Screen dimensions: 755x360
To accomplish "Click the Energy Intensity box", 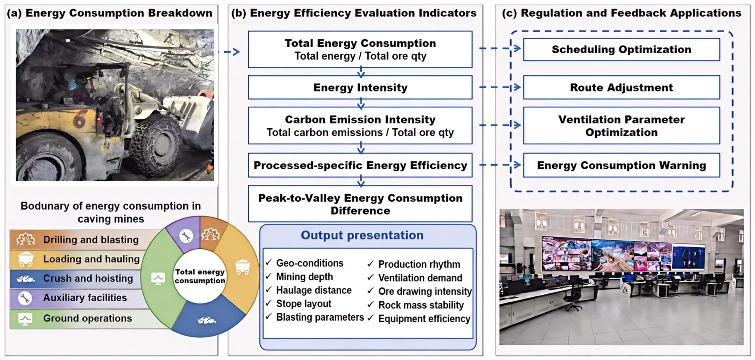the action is coord(360,87).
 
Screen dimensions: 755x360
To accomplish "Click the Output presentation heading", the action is coord(362,235).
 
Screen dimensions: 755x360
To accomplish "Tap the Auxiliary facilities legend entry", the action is coord(79,298).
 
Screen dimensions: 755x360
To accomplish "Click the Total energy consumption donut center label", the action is coord(200,276).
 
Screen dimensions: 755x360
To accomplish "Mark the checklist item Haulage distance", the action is coord(314,290).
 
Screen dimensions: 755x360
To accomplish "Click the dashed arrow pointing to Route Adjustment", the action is coord(500,87).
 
